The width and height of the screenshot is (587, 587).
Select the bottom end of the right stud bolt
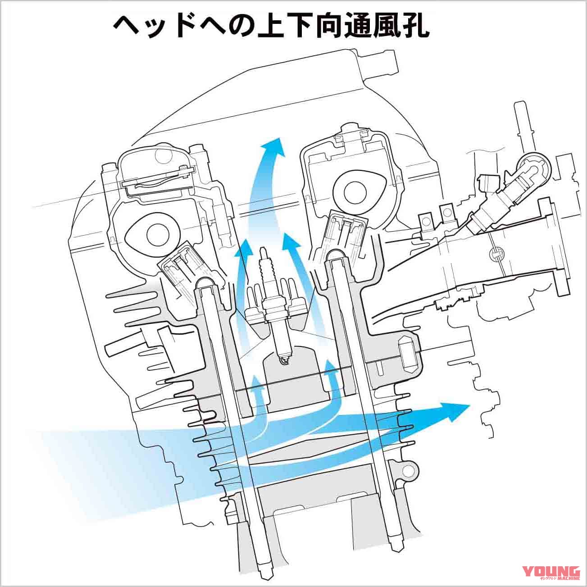[x=396, y=549]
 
